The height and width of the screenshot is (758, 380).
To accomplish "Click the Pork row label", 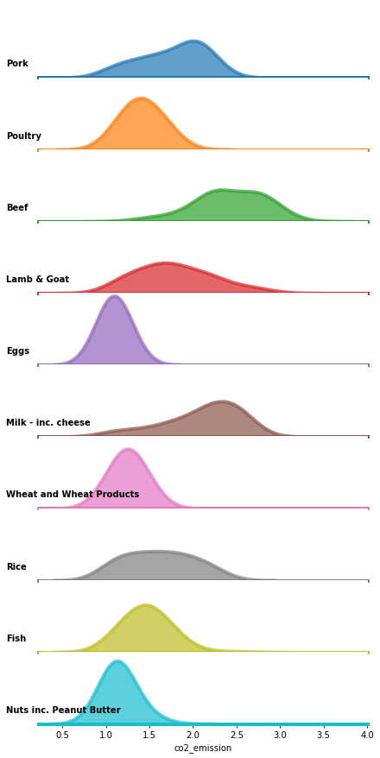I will click(x=17, y=64).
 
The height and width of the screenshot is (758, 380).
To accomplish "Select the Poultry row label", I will click(x=23, y=136).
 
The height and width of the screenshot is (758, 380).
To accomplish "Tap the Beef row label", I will click(x=17, y=208).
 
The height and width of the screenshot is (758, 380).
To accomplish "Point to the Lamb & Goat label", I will click(x=37, y=280).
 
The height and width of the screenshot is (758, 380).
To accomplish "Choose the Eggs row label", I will click(x=17, y=351).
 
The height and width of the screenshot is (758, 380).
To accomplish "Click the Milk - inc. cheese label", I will click(x=48, y=423).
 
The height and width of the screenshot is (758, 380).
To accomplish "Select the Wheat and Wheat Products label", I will click(x=73, y=495).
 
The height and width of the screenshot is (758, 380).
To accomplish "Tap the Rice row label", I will click(x=16, y=567).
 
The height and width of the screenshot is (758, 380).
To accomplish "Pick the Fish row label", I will click(x=16, y=639).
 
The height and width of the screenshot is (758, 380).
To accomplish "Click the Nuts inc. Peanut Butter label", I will click(x=63, y=711).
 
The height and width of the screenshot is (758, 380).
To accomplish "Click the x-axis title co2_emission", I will click(x=203, y=749).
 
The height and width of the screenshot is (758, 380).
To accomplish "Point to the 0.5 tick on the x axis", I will click(x=62, y=736).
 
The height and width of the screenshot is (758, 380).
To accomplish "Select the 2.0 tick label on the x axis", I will click(x=193, y=736).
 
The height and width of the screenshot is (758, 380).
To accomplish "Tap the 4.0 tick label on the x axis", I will click(x=367, y=736).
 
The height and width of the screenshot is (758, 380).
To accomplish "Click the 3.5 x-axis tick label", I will click(x=323, y=736).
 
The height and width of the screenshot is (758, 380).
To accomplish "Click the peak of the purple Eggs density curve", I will click(x=114, y=297).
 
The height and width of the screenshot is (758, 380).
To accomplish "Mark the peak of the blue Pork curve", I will click(x=193, y=41).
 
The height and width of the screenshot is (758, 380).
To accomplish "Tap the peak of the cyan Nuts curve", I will click(x=117, y=662).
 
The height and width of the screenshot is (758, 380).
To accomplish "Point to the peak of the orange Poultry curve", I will click(x=141, y=98).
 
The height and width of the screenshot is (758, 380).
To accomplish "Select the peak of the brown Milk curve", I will click(x=223, y=401).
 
